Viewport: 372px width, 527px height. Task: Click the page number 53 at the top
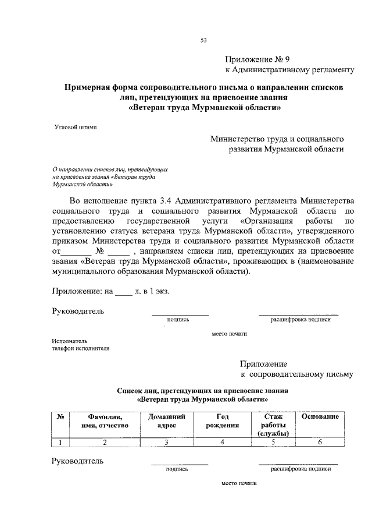click(203, 40)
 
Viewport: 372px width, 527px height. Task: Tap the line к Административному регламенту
click(289, 70)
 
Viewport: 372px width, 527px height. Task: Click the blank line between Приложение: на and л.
click(124, 289)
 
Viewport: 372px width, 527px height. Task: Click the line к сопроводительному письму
click(296, 374)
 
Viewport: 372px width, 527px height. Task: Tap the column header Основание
click(320, 417)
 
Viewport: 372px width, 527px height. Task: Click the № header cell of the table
click(60, 417)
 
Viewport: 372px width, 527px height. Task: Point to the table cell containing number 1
click(60, 443)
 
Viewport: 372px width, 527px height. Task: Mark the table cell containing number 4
click(222, 443)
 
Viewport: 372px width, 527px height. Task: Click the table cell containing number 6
click(320, 443)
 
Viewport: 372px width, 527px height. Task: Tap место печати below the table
click(238, 483)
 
